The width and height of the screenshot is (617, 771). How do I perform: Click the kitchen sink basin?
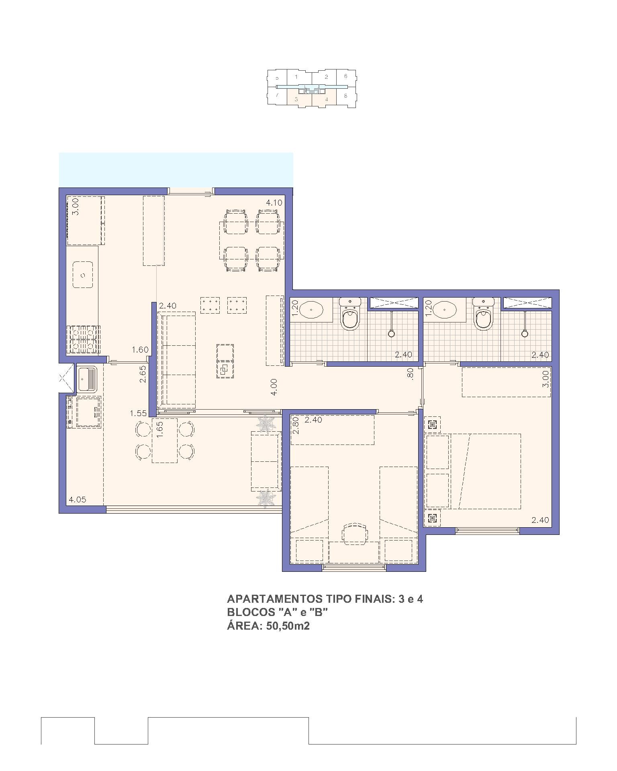83,275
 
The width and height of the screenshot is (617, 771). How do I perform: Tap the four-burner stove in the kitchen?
84,340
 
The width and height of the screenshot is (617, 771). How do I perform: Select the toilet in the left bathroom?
350,314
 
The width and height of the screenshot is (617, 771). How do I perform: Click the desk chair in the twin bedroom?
355,534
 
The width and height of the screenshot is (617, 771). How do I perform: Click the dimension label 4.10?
274,203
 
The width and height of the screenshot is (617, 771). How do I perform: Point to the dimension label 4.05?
78,500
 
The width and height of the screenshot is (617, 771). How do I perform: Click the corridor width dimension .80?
410,374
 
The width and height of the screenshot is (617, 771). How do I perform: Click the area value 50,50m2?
288,626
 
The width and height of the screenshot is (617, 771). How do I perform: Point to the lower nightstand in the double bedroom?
432,518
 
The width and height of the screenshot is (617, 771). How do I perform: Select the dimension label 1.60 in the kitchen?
140,350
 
